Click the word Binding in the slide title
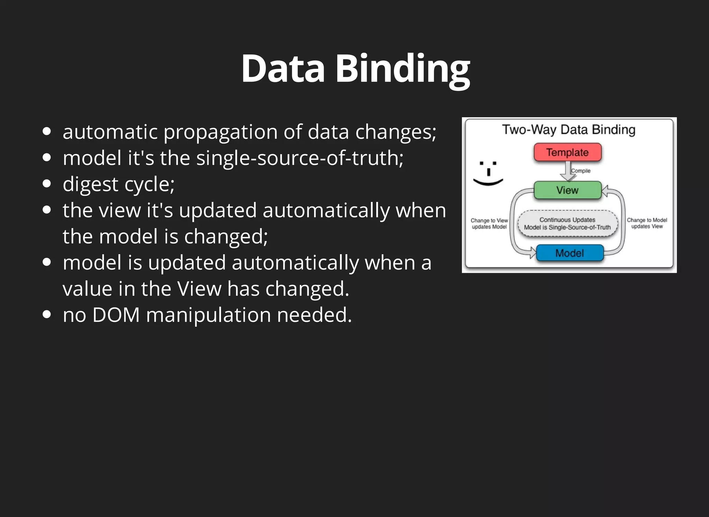[x=403, y=69]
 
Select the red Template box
[x=567, y=153]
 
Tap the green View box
[x=567, y=190]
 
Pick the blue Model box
[x=569, y=253]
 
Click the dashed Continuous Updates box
[x=567, y=223]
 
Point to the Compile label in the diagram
[x=581, y=171]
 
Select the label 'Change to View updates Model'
[x=489, y=223]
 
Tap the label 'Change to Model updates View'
[x=647, y=223]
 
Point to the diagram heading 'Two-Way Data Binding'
[x=569, y=130]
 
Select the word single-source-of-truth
[x=300, y=158]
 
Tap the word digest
[x=90, y=184]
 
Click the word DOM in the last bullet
[x=116, y=315]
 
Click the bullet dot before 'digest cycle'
[x=47, y=184]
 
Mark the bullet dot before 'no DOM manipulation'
[x=47, y=314]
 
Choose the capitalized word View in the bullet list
[x=199, y=289]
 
